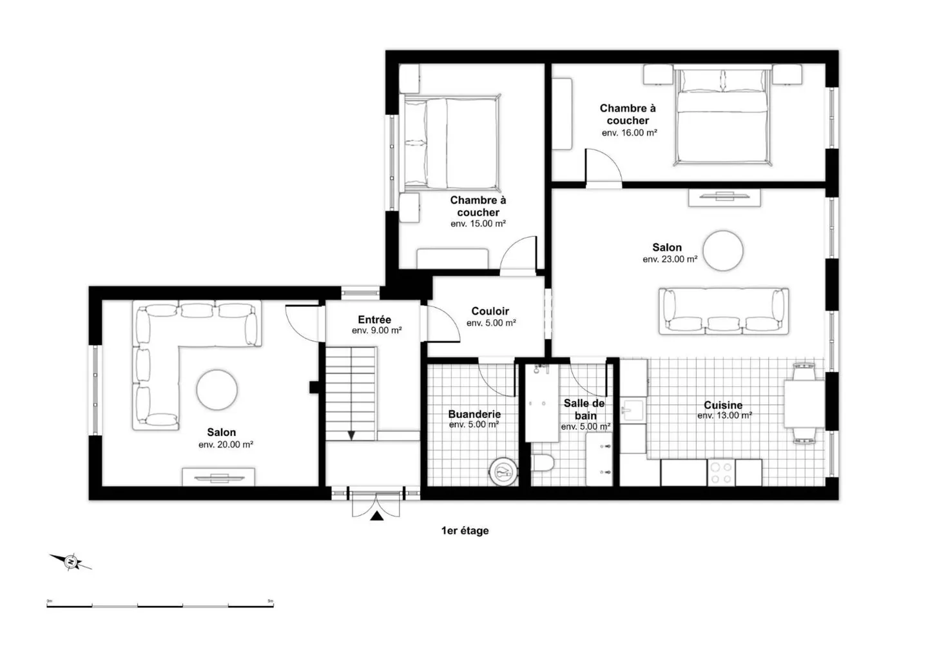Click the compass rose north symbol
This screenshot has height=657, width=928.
[70, 562]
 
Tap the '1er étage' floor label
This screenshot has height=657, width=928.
[465, 531]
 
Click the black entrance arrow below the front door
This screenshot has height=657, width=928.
[376, 516]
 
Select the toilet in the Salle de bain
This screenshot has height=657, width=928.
[543, 462]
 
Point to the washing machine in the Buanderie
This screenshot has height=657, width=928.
[503, 471]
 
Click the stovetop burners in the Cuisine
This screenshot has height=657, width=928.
[721, 473]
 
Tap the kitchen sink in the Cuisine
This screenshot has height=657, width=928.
[633, 409]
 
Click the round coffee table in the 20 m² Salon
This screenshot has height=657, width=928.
[217, 389]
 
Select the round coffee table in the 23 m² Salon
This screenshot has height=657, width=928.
[723, 251]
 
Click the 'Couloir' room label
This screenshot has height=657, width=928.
[490, 311]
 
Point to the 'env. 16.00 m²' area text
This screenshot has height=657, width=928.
[629, 133]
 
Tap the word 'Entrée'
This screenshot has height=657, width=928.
[374, 320]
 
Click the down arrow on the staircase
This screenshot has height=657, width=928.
[351, 435]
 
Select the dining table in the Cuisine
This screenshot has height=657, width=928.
[804, 404]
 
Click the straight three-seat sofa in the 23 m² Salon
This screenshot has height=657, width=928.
[724, 311]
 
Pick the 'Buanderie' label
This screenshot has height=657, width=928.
[474, 414]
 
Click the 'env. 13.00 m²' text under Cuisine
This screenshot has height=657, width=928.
[724, 415]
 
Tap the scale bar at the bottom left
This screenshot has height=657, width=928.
[160, 606]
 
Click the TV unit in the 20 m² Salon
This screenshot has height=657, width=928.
[218, 477]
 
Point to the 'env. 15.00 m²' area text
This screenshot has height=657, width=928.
[478, 224]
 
